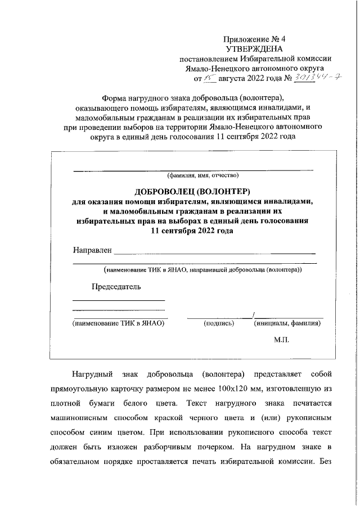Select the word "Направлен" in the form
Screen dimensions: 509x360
pos(92,250)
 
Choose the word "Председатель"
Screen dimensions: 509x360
pos(116,287)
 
